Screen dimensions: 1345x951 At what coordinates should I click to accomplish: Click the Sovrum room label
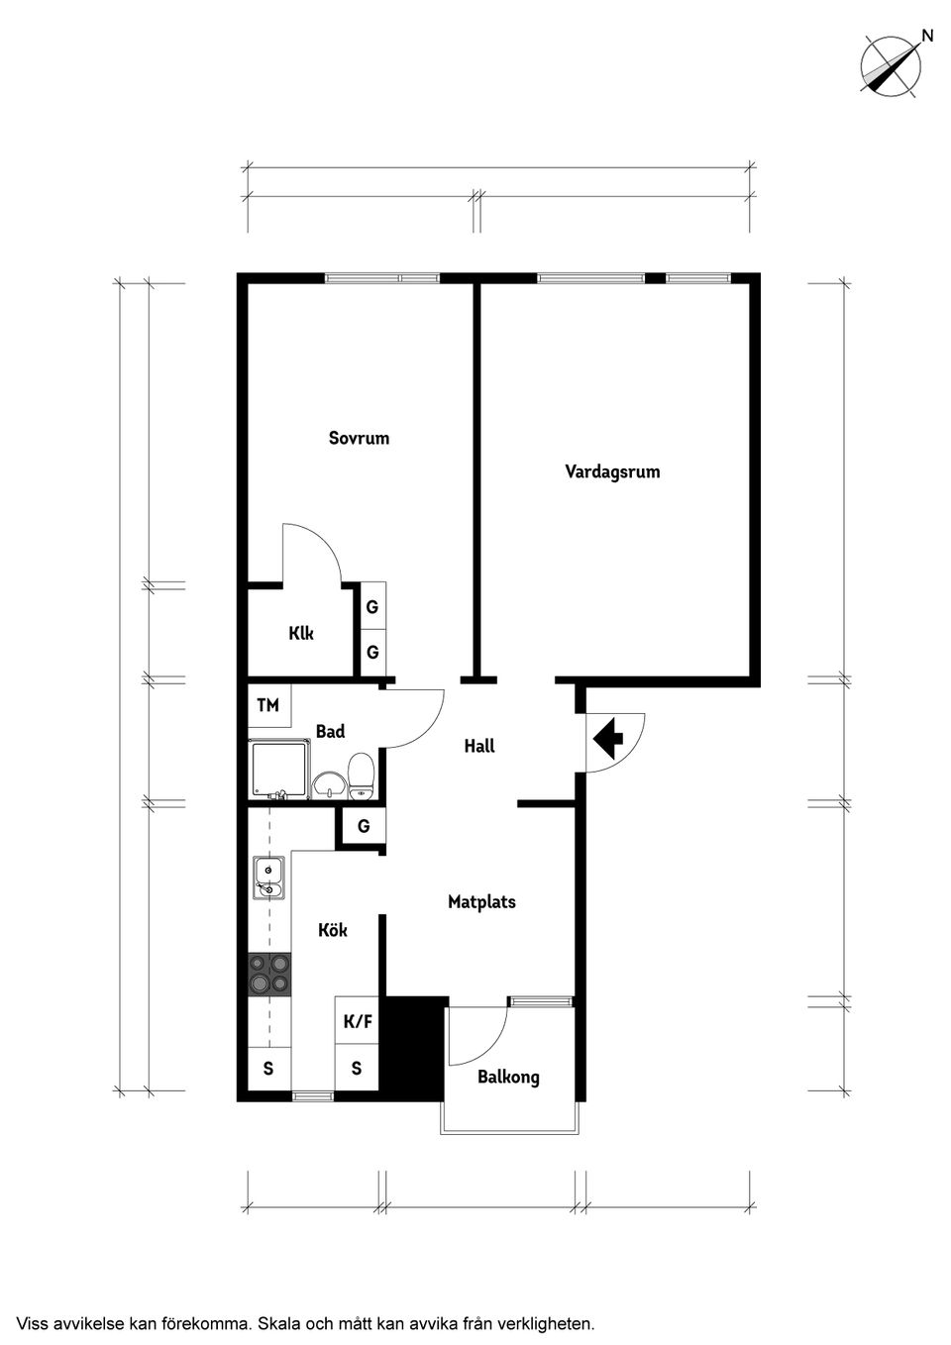point(359,438)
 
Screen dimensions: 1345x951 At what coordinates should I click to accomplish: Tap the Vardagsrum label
point(612,471)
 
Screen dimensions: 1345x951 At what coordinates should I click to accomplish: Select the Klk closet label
point(301,633)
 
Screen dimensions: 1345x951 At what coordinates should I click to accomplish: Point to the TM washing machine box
point(268,705)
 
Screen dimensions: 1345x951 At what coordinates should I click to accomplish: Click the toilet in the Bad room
point(361,775)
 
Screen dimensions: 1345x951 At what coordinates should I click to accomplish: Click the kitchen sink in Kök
point(267,877)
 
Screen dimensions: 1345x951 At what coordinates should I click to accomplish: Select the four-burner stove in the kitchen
point(269,973)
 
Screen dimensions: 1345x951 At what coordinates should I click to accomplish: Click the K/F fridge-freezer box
point(358,1022)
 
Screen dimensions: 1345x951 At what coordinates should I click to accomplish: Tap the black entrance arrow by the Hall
point(607,737)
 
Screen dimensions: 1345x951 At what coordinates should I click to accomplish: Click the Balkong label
point(508,1077)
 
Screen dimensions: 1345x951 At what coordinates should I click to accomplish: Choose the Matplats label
point(481,902)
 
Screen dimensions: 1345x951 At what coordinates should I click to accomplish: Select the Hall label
point(479,746)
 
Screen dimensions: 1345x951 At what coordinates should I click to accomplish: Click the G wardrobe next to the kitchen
point(364,825)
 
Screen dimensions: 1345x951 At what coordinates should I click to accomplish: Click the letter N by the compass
point(927,36)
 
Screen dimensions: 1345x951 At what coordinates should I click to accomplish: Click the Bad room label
point(330,731)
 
